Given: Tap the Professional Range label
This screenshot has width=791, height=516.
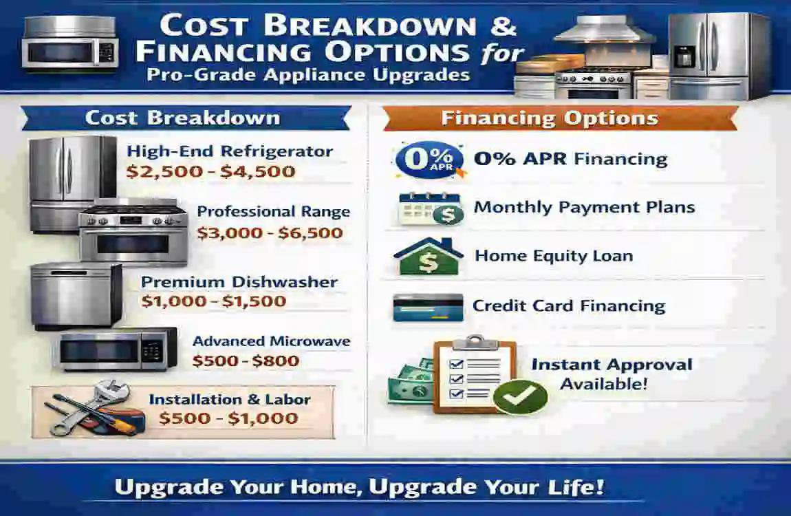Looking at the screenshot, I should click(273, 212).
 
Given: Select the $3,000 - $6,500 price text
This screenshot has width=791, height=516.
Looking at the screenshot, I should click(270, 233).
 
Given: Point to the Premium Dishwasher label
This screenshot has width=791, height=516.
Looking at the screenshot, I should click(239, 282).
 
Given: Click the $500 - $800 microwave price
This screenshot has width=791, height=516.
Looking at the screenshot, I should click(246, 361).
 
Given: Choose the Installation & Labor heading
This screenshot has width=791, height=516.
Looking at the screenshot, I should click(230, 400).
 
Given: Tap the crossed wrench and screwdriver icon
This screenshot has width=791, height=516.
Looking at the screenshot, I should click(89, 409).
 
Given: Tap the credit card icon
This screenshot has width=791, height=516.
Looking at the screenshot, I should click(427, 307).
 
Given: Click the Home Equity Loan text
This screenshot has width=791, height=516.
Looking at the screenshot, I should click(554, 257).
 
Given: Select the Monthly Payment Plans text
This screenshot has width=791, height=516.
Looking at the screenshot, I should click(584, 207).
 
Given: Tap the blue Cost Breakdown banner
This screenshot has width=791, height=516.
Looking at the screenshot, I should click(182, 118).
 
